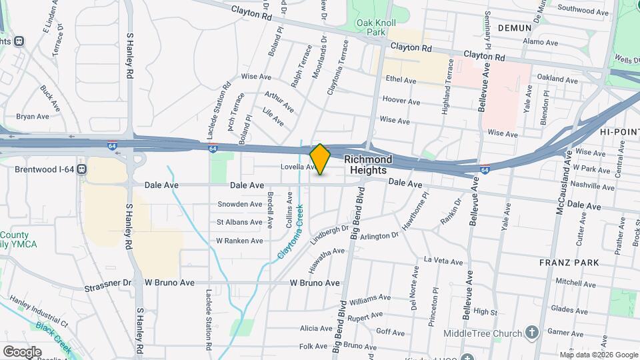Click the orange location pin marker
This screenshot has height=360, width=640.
pyautogui.click(x=320, y=159)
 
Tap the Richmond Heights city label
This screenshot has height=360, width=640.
pyautogui.click(x=367, y=165)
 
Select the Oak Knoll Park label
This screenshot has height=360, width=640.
pyautogui.click(x=371, y=27)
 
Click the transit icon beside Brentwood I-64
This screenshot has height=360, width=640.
pyautogui.click(x=81, y=169)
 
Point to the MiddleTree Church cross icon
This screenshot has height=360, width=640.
pyautogui.click(x=531, y=331)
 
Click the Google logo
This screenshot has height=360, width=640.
pyautogui.click(x=22, y=351)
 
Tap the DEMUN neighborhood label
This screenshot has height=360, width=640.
pyautogui.click(x=514, y=28)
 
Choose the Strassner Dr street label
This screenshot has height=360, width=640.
pyautogui.click(x=108, y=283)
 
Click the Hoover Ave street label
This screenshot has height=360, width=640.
pyautogui.click(x=401, y=102)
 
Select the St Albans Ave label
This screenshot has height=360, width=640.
pyautogui.click(x=239, y=222)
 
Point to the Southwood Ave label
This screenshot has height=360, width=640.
pyautogui.click(x=583, y=11)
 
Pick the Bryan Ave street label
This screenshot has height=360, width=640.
pyautogui.click(x=33, y=116)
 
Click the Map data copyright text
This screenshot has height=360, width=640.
pyautogui.click(x=598, y=355)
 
